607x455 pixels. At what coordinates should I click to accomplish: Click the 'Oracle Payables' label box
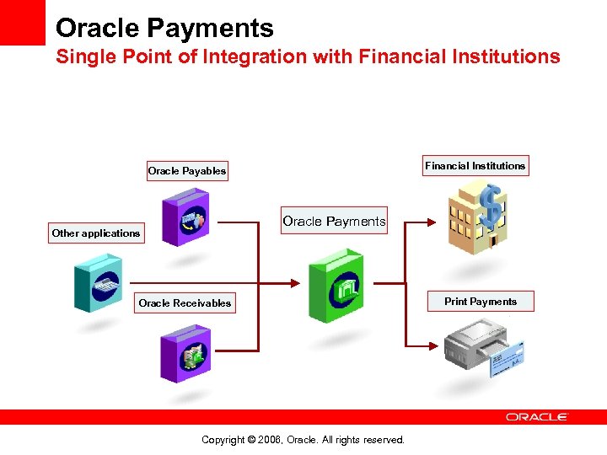(186, 171)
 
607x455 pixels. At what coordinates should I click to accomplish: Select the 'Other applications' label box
(95, 233)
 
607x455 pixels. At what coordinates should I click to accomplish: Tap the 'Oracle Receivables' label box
(185, 303)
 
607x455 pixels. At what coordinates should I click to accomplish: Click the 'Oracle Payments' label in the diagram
(334, 222)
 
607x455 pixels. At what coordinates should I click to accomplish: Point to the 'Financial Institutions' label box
(475, 166)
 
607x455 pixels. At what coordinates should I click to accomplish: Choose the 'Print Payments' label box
(481, 302)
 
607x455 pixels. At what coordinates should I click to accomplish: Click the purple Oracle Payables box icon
(185, 217)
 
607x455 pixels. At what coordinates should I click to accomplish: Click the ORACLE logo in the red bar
(537, 416)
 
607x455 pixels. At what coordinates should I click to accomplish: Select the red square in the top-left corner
(23, 23)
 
